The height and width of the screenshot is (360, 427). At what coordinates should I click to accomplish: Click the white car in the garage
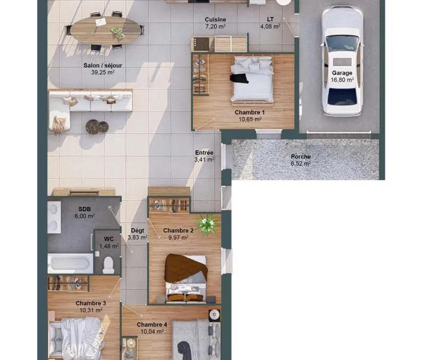(x=342, y=61)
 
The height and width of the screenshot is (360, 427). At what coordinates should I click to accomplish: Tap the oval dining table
(x=105, y=30)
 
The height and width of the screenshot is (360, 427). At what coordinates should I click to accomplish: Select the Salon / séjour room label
(x=102, y=65)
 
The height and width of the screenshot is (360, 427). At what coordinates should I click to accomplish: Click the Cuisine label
(x=216, y=20)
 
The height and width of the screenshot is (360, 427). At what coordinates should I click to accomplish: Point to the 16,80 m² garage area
(x=342, y=79)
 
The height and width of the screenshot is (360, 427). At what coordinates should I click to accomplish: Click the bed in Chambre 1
(x=252, y=79)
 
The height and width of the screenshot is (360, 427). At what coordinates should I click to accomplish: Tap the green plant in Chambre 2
(x=208, y=223)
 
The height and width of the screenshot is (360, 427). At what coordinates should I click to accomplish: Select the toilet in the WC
(x=108, y=265)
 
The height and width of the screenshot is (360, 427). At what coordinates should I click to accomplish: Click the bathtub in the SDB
(x=70, y=263)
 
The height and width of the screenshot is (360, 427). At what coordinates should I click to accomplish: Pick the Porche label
(x=301, y=157)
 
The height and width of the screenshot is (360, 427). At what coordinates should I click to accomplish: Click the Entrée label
(x=204, y=153)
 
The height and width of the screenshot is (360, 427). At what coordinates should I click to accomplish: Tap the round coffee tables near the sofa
(x=97, y=127)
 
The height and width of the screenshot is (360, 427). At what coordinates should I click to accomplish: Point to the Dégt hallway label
(x=138, y=231)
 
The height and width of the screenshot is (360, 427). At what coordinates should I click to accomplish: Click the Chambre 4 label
(x=152, y=325)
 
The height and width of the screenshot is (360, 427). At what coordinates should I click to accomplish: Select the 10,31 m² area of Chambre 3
(x=91, y=310)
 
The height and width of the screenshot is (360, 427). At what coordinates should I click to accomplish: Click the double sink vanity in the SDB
(x=54, y=218)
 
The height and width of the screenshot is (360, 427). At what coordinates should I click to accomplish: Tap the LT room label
(x=270, y=19)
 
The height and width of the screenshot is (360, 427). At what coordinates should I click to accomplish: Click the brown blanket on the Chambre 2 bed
(x=186, y=268)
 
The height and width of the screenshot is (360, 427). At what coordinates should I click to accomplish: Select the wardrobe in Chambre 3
(x=68, y=283)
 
